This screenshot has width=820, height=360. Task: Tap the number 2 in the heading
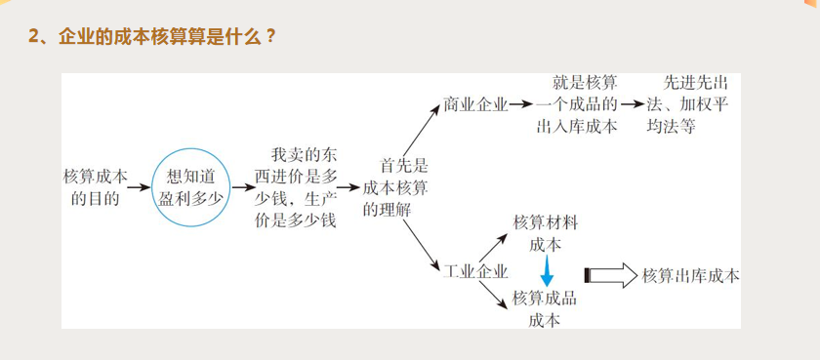pyautogui.click(x=33, y=37)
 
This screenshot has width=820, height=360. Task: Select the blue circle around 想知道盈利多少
pyautogui.click(x=192, y=185)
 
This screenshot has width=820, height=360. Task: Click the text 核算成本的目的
pyautogui.click(x=95, y=185)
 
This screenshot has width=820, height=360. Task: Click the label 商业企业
pyautogui.click(x=474, y=103)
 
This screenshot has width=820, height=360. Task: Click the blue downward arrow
pyautogui.click(x=548, y=270)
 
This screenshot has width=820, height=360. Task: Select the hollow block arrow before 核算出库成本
pyautogui.click(x=610, y=275)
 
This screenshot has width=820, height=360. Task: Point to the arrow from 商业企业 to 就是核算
pyautogui.click(x=522, y=103)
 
